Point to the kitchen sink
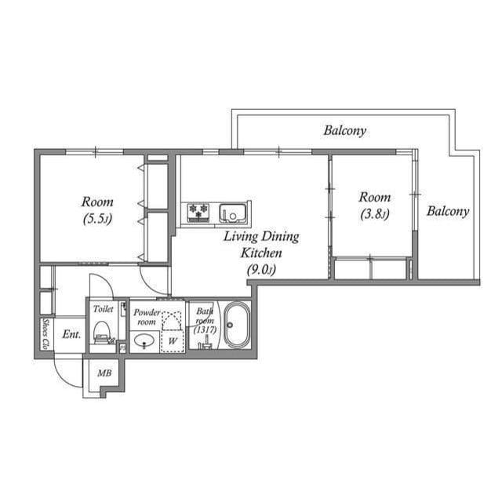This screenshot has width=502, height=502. (233, 213)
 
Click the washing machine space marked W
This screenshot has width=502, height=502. (171, 340)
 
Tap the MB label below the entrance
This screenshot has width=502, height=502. (104, 373)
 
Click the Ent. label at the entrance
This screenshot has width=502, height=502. (72, 334)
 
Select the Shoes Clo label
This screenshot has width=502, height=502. (45, 333)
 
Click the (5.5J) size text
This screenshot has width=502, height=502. (97, 220)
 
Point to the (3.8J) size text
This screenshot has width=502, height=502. (374, 214)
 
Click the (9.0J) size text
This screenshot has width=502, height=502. (261, 271)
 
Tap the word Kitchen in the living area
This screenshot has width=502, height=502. (261, 253)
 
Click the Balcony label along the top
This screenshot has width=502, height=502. (344, 131)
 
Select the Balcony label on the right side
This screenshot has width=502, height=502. (448, 211)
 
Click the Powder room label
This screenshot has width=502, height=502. (147, 317)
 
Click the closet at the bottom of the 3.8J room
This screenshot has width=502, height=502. (371, 269)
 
